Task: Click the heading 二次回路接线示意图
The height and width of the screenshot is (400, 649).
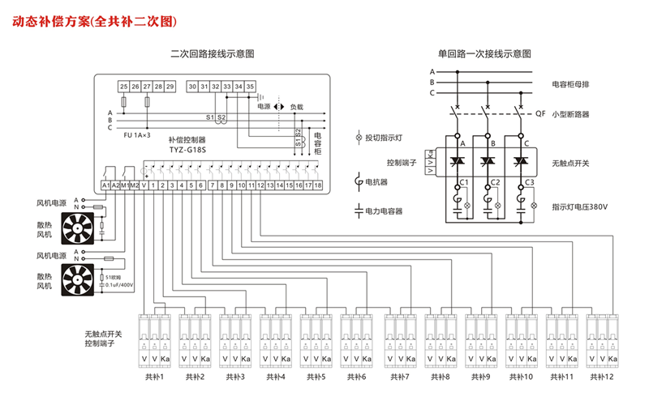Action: tap(213, 55)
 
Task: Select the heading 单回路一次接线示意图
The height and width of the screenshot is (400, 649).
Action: tap(484, 55)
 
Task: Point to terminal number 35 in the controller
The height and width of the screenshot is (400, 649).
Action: tap(251, 85)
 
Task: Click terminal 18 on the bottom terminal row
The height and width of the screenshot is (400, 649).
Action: tap(318, 185)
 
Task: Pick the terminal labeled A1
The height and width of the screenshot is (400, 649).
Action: tap(105, 185)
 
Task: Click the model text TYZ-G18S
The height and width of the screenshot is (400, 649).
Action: tap(187, 150)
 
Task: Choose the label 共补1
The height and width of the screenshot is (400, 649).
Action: tap(153, 377)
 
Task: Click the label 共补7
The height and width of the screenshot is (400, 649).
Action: tap(398, 377)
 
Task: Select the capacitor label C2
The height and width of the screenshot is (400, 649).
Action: tap(495, 182)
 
